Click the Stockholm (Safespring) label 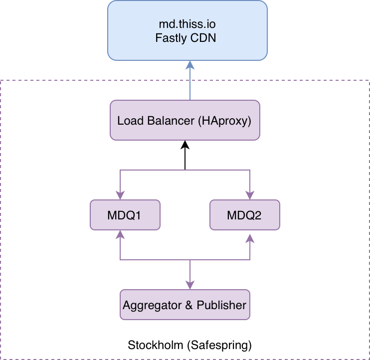click(x=189, y=345)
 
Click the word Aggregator click(x=152, y=305)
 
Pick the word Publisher click(x=221, y=305)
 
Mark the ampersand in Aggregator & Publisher click(x=188, y=305)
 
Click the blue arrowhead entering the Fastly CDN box click(x=189, y=65)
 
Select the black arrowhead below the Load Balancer click(x=185, y=144)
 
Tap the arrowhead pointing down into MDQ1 click(x=120, y=195)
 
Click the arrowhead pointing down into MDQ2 click(x=250, y=195)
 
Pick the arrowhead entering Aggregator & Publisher click(x=189, y=285)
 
